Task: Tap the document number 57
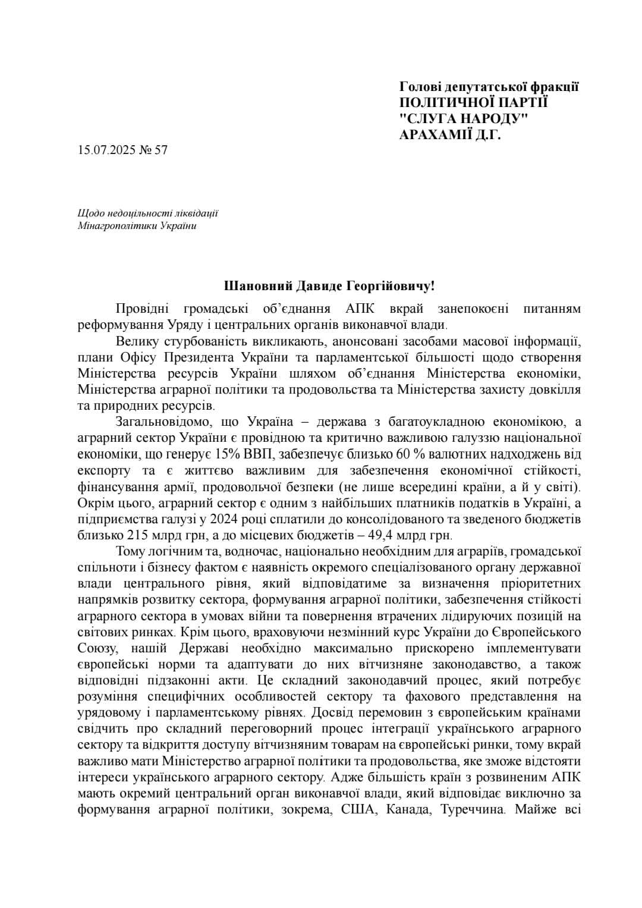click(160, 149)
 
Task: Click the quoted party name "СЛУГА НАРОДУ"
click(464, 118)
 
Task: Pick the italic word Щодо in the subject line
click(89, 213)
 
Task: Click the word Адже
click(344, 777)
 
